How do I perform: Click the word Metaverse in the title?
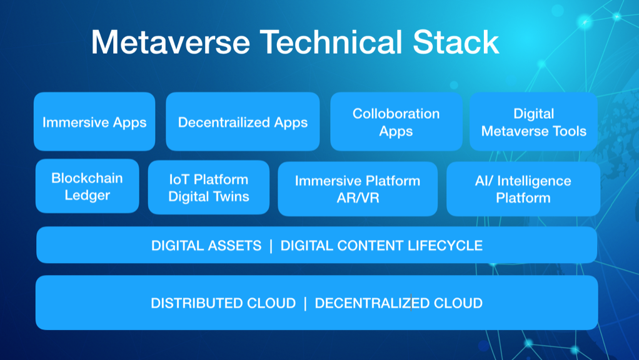tap(170, 42)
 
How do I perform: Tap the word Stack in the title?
tap(456, 42)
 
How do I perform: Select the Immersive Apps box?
tap(94, 122)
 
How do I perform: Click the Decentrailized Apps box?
tap(243, 122)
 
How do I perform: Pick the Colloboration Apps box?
tap(396, 122)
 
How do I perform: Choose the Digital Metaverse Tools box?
tap(533, 122)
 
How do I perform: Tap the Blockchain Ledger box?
tap(87, 186)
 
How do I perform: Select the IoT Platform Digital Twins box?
tap(209, 187)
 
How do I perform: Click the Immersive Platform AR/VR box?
tap(358, 189)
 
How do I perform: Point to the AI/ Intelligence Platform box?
tap(523, 189)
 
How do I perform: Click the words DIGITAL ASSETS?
tap(206, 246)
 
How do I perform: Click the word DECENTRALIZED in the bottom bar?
tap(372, 303)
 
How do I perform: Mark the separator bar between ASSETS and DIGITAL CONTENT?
tap(271, 246)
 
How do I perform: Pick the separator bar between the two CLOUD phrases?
tap(305, 303)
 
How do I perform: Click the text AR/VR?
tap(358, 198)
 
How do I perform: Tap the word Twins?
tap(233, 196)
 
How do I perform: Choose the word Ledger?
tap(87, 196)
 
